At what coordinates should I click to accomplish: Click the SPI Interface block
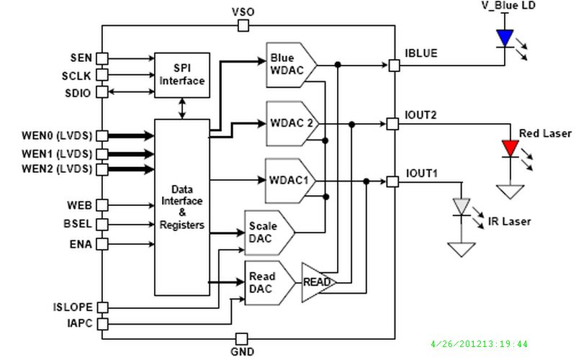coord(182,74)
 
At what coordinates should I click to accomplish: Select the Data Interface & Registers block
coord(181,207)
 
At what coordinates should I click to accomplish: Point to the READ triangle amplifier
coord(315,282)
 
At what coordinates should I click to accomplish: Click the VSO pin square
coord(243,26)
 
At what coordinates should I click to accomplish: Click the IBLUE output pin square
coord(393,66)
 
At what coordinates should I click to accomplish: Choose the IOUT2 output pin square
coord(392,124)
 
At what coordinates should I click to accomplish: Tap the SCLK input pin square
coord(102,74)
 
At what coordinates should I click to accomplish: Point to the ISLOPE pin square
coord(102,308)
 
